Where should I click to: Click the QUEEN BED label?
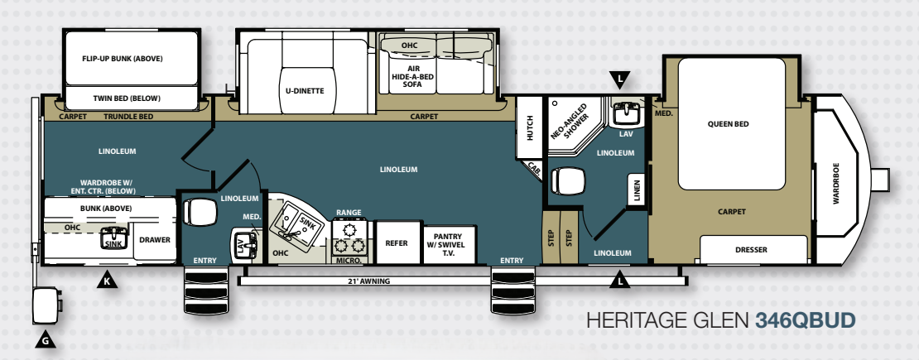point(728,123)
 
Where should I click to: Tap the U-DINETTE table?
point(309,90)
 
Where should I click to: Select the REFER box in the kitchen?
point(397,242)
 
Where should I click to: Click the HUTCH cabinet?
point(530,127)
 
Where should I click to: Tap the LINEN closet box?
point(637,190)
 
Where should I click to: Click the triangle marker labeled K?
point(107,280)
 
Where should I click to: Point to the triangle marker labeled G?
point(46,339)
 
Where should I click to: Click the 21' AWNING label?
point(368,281)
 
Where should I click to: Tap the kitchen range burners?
point(350,237)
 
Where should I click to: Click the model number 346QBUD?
point(805,320)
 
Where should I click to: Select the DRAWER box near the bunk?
point(155,240)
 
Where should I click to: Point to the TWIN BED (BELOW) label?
point(127,98)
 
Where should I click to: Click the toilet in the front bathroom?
point(567,180)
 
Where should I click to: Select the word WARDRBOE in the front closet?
point(836,184)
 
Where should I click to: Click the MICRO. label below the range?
point(350,261)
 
